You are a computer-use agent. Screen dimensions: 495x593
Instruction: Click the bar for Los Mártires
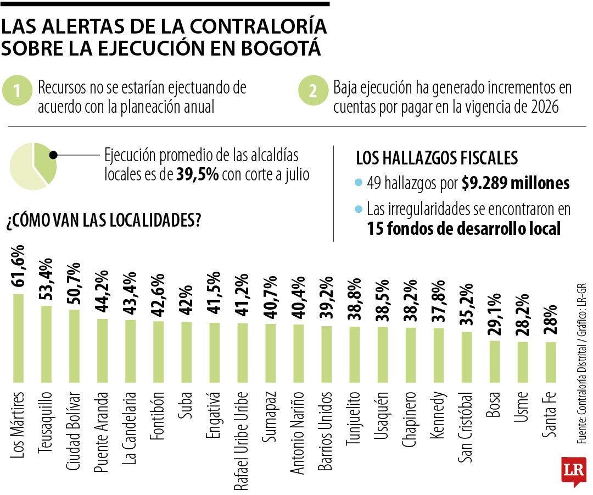[x=18, y=338]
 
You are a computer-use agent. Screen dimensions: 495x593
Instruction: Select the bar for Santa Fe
[x=551, y=362]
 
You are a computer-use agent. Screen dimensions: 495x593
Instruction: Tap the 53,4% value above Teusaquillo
[x=47, y=279]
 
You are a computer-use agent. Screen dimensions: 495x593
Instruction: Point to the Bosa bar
[x=495, y=361]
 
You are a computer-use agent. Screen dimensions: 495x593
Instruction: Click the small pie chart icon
[x=33, y=166]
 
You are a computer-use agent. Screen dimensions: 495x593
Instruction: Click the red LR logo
[x=573, y=471]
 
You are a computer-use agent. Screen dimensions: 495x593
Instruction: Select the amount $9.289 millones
[x=516, y=183]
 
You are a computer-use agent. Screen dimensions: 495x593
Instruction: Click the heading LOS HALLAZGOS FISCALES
[x=437, y=158]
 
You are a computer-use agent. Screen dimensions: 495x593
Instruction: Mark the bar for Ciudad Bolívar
[x=74, y=345]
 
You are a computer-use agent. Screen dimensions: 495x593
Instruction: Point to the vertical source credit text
[x=581, y=363]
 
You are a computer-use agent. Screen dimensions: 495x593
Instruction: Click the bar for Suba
[x=186, y=351]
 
